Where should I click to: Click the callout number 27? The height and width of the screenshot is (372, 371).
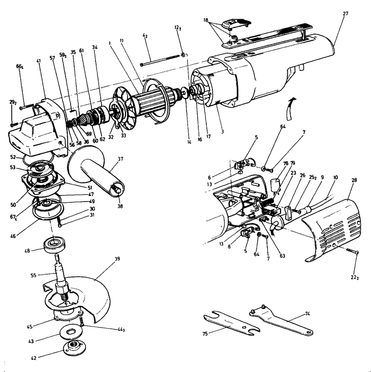coord(345,13)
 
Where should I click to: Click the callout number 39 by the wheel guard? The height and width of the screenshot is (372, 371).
coord(117,259)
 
